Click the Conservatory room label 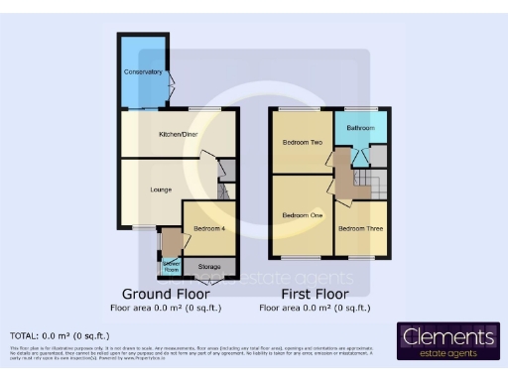coord(143,72)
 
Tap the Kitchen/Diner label coord(180,133)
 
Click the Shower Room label coord(171,266)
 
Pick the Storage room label coord(209,266)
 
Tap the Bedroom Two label coord(303,142)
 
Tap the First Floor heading coord(315,295)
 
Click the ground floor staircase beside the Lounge coord(224,190)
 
